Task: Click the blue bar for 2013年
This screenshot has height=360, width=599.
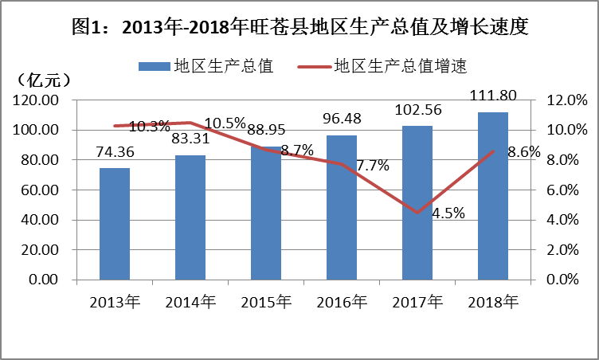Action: (115, 224)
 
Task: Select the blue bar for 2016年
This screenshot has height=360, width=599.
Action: (342, 207)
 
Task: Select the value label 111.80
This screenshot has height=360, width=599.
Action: (494, 96)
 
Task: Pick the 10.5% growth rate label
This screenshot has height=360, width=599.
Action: (225, 123)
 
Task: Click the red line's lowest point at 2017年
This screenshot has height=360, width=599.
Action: (417, 213)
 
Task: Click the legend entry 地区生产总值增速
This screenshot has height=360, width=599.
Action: (398, 66)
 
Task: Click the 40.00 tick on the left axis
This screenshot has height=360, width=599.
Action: (40, 220)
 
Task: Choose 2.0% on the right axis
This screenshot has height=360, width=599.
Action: (569, 250)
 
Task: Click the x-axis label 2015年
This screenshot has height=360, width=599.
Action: (267, 302)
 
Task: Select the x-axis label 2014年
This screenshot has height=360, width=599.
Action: (190, 302)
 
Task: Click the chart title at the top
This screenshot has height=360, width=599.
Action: (299, 27)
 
